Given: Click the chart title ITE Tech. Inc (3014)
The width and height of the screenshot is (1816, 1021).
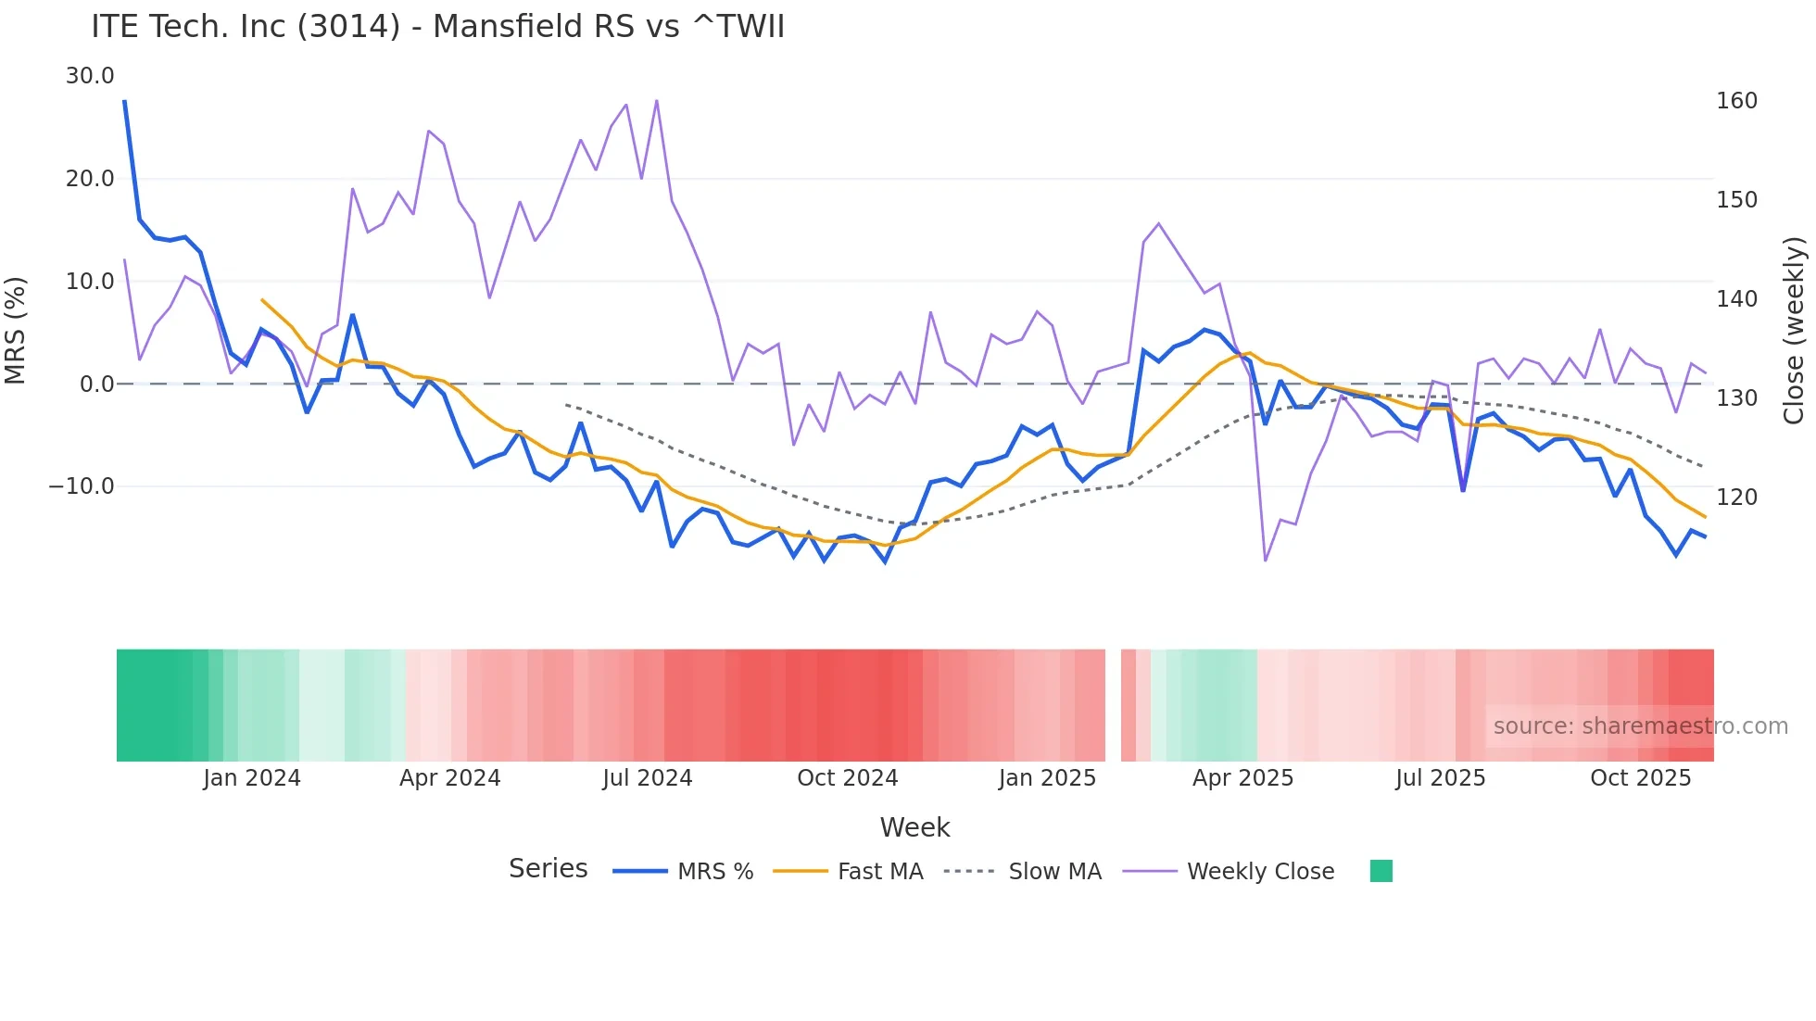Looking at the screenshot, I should coord(437,27).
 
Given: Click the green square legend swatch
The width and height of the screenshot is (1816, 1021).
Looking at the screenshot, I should coord(1381,871).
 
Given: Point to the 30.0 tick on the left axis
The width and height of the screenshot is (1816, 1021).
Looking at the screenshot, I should coord(90,76).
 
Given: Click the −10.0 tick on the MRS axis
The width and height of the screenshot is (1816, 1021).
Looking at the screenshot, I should coord(82,486).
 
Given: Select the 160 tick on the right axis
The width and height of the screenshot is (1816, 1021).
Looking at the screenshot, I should coord(1736,101).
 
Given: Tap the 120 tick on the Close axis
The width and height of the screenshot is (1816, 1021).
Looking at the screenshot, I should coord(1736,498).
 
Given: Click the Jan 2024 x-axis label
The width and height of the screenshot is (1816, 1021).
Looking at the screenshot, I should coord(252,778).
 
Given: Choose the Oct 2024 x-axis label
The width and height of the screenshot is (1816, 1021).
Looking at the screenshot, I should coord(847,778).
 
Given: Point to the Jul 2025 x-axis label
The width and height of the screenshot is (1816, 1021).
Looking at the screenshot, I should coord(1440,778).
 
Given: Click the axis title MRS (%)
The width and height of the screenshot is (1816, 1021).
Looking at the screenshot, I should coord(16,331).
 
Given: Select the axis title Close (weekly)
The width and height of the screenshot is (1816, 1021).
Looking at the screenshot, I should coord(1795,331).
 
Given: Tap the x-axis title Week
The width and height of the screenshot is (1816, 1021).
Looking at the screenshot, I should coord(914,827).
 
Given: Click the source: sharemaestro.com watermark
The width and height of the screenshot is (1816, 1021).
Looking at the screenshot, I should coord(1640,726).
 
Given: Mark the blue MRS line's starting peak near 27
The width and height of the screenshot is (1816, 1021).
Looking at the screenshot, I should coord(125,102).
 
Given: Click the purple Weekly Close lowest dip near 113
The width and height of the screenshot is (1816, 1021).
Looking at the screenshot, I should coord(1265,560).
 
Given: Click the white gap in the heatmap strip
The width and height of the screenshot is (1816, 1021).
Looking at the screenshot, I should coord(1113,705).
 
